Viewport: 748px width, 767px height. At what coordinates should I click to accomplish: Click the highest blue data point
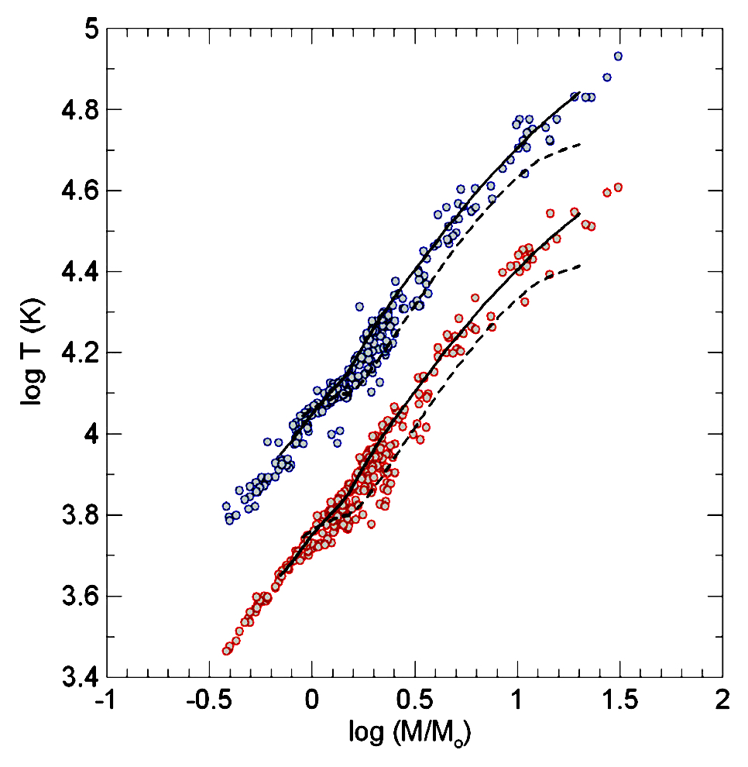click(x=618, y=56)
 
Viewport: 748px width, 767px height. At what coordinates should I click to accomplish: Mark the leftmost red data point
click(x=226, y=651)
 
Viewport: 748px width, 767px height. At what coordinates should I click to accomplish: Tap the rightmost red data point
click(x=618, y=187)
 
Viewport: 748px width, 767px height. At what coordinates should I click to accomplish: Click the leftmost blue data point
click(x=226, y=506)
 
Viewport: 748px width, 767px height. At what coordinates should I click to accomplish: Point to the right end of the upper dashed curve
click(x=580, y=144)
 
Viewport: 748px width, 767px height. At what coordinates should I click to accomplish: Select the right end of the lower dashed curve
click(x=580, y=266)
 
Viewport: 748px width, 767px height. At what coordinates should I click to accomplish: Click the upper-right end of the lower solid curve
click(x=580, y=214)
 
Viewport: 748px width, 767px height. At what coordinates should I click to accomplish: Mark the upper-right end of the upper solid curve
click(x=580, y=92)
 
